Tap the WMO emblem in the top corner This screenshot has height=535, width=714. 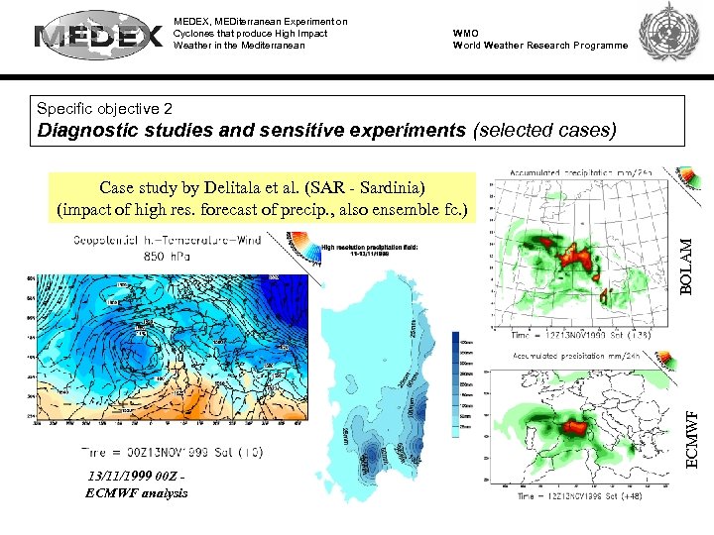click(x=670, y=36)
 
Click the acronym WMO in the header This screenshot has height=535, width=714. click(x=466, y=33)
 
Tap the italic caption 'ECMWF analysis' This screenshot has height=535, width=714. click(x=137, y=492)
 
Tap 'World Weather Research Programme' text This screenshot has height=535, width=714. click(x=540, y=46)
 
